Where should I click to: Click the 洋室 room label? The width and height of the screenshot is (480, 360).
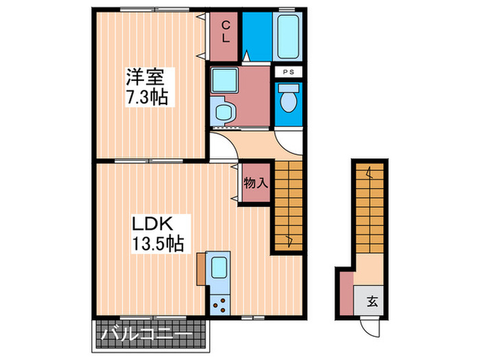[145, 75]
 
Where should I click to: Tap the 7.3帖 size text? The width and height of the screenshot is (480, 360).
[145, 97]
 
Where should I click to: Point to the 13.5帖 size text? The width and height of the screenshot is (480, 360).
[157, 243]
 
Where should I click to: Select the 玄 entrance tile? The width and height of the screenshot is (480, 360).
[371, 301]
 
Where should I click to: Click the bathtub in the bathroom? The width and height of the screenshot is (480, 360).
[287, 36]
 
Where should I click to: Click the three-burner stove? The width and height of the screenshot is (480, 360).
[221, 302]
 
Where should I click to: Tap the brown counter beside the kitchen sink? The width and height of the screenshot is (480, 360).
[200, 267]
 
